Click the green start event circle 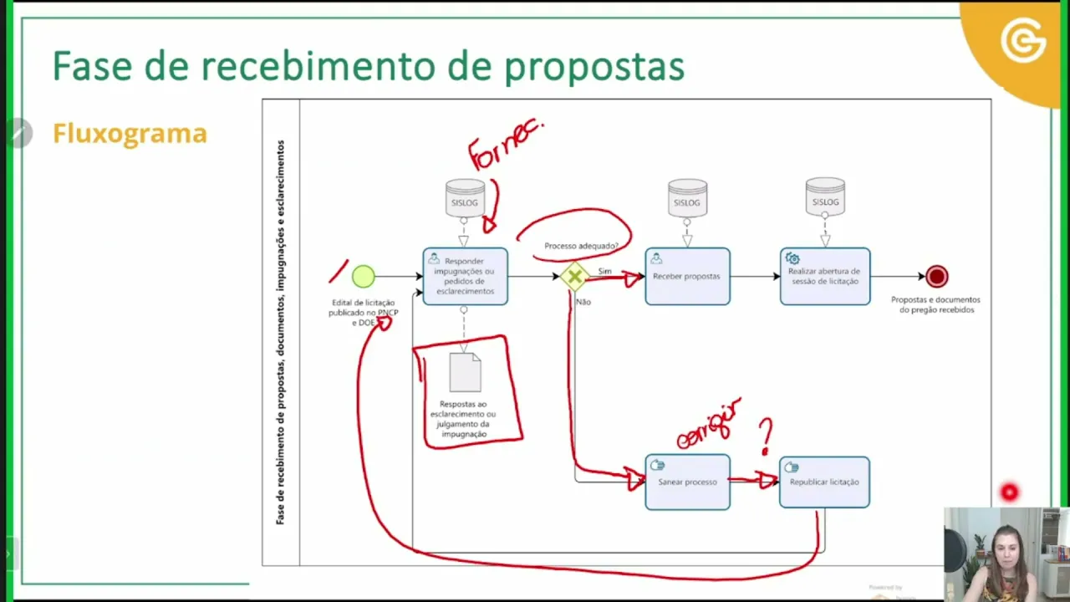364,276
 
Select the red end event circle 936,276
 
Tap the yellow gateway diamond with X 574,277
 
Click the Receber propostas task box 687,277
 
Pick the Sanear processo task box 687,482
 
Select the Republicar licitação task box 824,482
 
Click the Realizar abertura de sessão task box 824,277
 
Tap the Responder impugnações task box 465,277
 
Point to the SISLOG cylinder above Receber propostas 687,199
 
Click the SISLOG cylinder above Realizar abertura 825,197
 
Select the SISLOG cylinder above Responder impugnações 465,199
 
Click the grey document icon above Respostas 465,372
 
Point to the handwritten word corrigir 709,424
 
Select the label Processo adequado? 581,246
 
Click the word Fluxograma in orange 130,134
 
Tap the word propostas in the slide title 594,66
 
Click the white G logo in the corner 1023,42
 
